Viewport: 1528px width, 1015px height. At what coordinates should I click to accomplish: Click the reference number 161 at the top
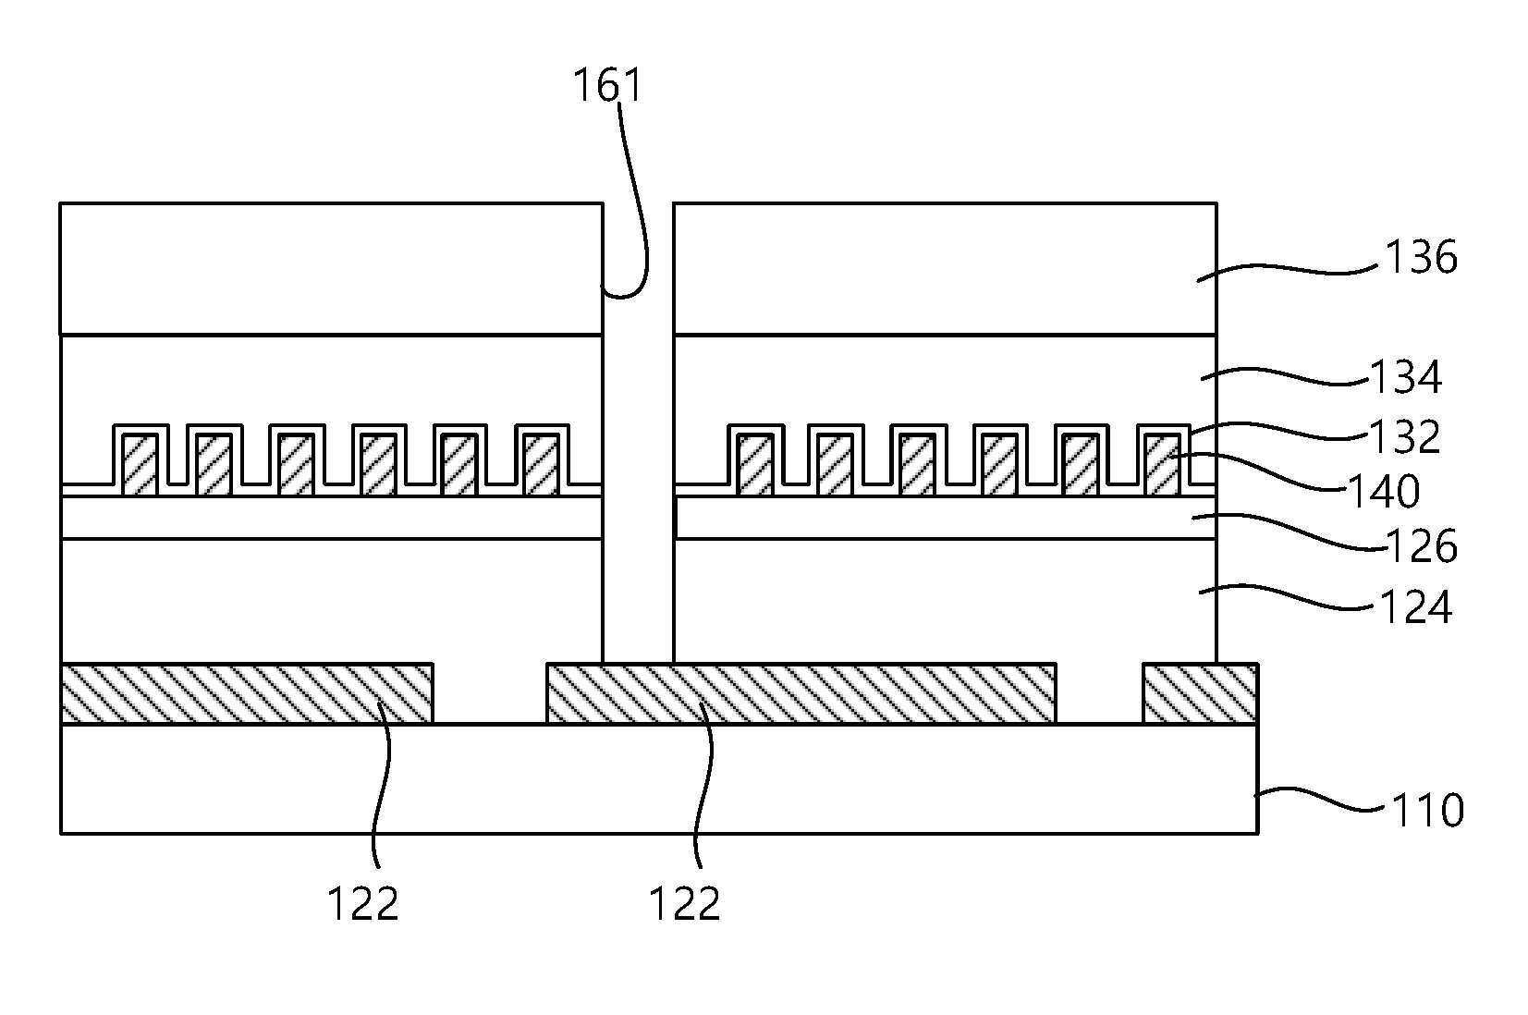pos(608,86)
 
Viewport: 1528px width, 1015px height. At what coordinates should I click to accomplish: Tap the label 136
pos(1420,258)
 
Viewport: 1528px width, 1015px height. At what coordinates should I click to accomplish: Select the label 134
pos(1406,377)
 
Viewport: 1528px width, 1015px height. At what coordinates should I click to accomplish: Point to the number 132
pos(1405,436)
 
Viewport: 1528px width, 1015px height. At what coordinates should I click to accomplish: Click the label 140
pos(1384,491)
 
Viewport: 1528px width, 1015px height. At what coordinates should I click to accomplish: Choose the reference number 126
pos(1421,545)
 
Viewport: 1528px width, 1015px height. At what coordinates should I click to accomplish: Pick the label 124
pos(1415,606)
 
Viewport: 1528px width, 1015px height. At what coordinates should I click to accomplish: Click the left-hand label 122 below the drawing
pos(363,904)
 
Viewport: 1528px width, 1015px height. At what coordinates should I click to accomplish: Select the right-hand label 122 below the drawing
pos(685,904)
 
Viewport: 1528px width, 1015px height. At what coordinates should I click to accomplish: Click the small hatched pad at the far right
pos(1201,693)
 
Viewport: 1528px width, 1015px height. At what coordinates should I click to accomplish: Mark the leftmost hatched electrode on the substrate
pos(247,693)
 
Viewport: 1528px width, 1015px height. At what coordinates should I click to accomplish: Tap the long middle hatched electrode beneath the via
pos(801,693)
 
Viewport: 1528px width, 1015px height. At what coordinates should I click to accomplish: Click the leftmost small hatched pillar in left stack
pos(140,465)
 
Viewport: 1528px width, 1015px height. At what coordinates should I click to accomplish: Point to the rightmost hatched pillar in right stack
pos(1163,465)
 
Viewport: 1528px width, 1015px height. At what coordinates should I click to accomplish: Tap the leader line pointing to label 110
pos(1320,801)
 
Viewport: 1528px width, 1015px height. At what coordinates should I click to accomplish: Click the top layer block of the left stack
pos(331,269)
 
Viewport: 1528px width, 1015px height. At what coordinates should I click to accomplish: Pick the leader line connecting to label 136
pos(1290,271)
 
